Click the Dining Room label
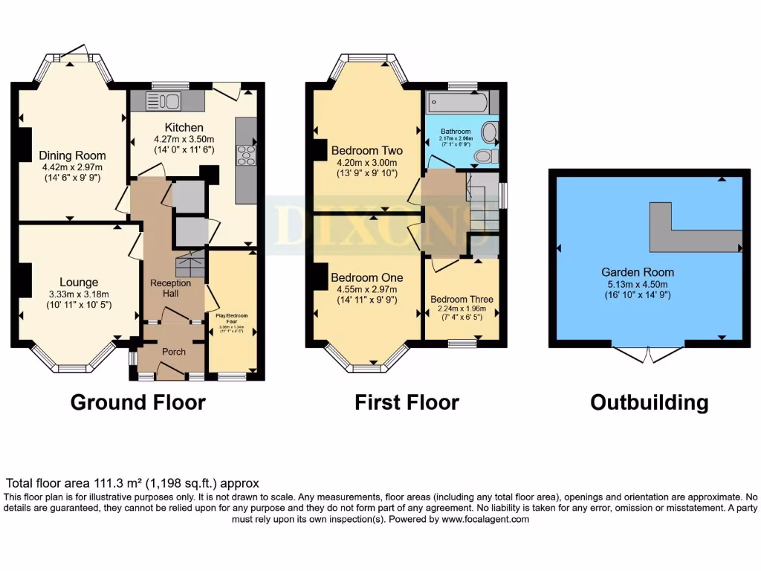pyautogui.click(x=73, y=155)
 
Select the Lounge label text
pyautogui.click(x=79, y=282)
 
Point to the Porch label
pyautogui.click(x=174, y=352)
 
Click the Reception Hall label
pyautogui.click(x=170, y=288)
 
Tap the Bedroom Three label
pyautogui.click(x=462, y=300)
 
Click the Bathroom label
pyautogui.click(x=456, y=131)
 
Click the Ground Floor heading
pyautogui.click(x=137, y=402)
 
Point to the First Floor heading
pyautogui.click(x=407, y=402)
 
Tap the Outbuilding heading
pyautogui.click(x=649, y=402)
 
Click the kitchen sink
pyautogui.click(x=163, y=101)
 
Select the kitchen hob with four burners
pyautogui.click(x=246, y=155)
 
